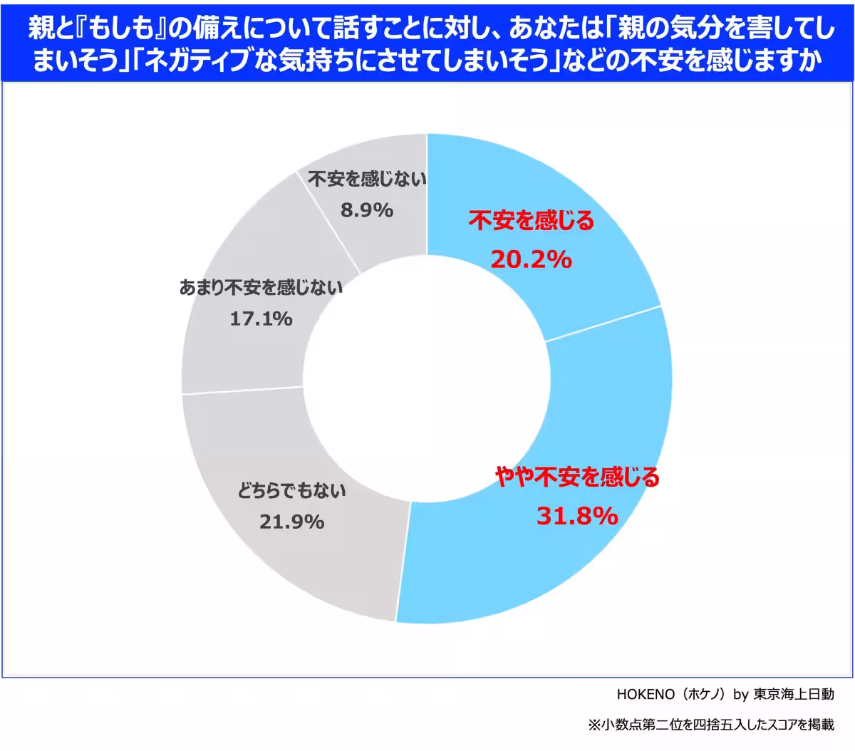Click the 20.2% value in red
tap(531, 260)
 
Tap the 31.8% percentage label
tap(576, 515)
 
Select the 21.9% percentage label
tap(291, 522)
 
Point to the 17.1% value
tap(261, 318)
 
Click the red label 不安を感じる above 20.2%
tap(531, 222)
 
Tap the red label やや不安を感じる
tap(577, 477)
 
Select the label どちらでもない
tap(291, 491)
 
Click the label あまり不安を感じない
tap(261, 288)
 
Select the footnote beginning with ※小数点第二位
tap(710, 725)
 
